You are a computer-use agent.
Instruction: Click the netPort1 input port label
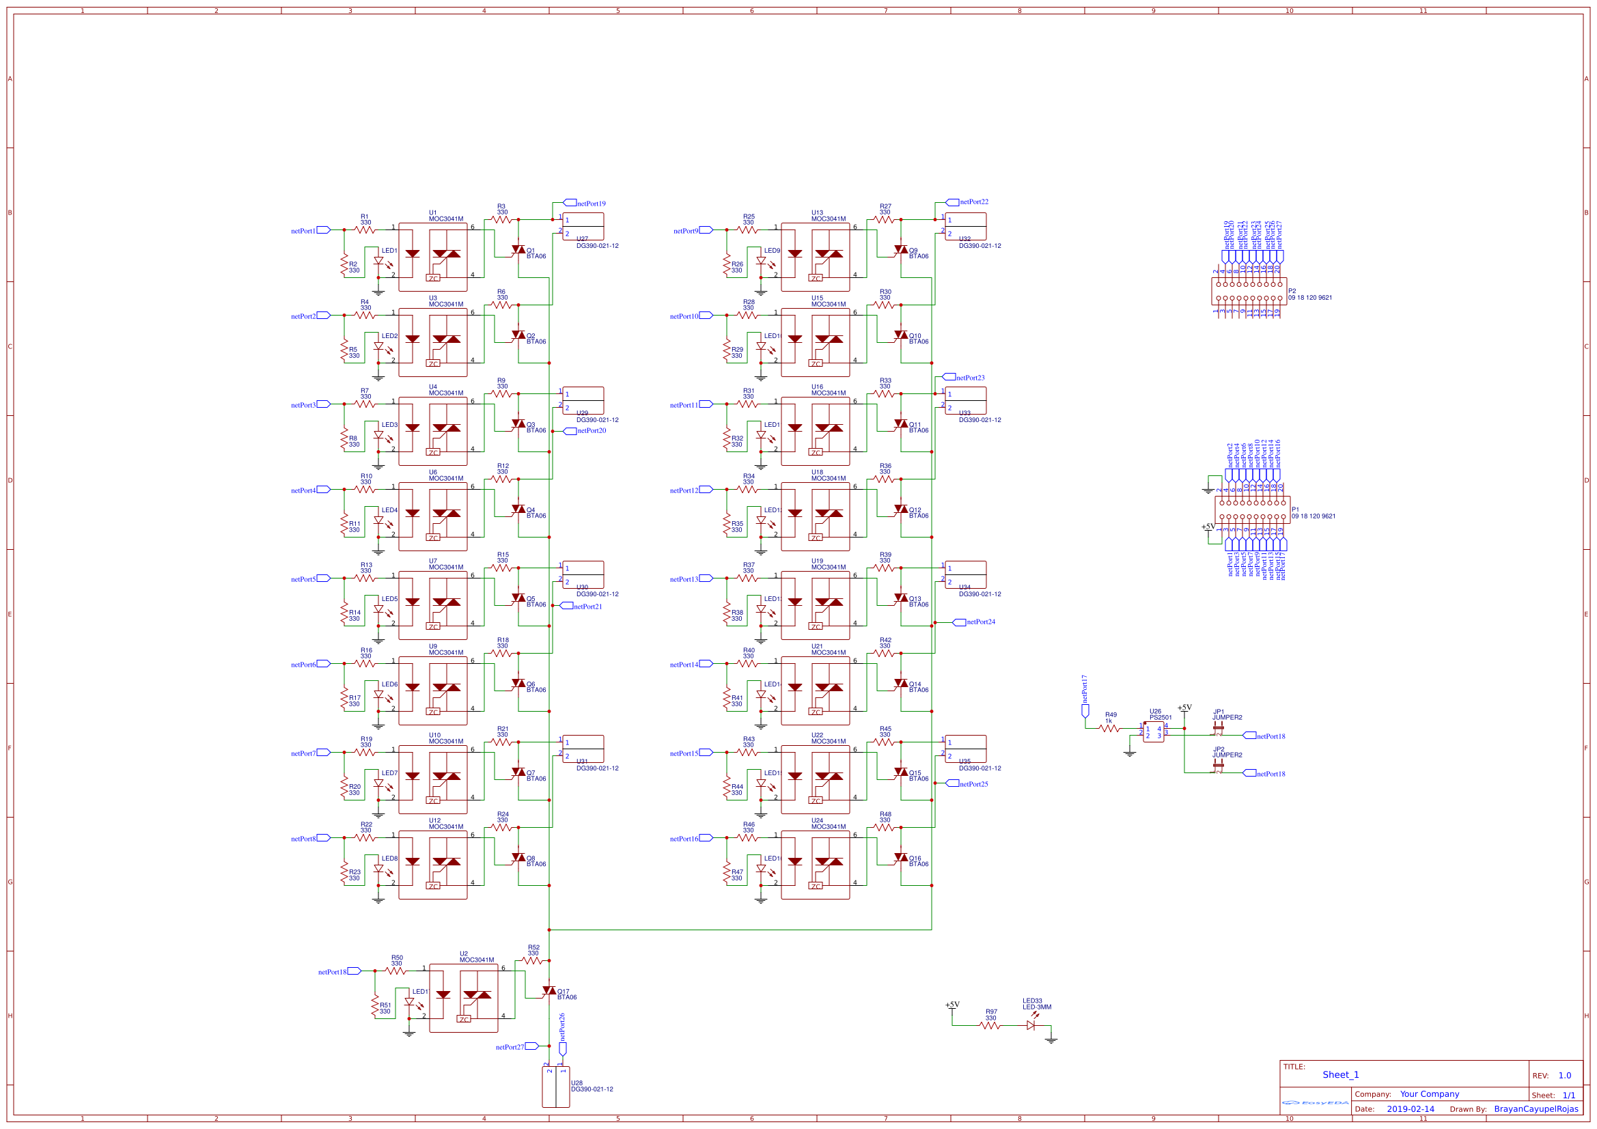(x=304, y=231)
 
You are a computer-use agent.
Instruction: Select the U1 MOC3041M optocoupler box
(x=432, y=257)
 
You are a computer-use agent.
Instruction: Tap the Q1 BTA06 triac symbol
(x=518, y=250)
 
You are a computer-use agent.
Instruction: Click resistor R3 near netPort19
(x=501, y=220)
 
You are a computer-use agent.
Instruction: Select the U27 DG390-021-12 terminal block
(x=583, y=227)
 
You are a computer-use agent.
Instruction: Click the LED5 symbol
(x=378, y=609)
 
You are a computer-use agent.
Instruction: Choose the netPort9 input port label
(x=686, y=231)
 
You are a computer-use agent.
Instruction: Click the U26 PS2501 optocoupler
(x=1153, y=731)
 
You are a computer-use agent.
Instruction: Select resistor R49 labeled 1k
(x=1110, y=728)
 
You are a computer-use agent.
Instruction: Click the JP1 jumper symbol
(x=1218, y=727)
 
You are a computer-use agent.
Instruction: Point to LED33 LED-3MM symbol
(x=1031, y=1025)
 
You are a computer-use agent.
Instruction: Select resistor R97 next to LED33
(x=990, y=1025)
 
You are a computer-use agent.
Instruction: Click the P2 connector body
(x=1249, y=291)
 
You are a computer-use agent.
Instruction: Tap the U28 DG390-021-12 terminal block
(x=556, y=1087)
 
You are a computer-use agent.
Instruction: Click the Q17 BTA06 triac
(x=548, y=990)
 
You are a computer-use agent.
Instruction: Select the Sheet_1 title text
(x=1340, y=1075)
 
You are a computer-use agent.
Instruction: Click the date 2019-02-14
(x=1410, y=1109)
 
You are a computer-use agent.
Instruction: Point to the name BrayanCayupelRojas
(x=1536, y=1109)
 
